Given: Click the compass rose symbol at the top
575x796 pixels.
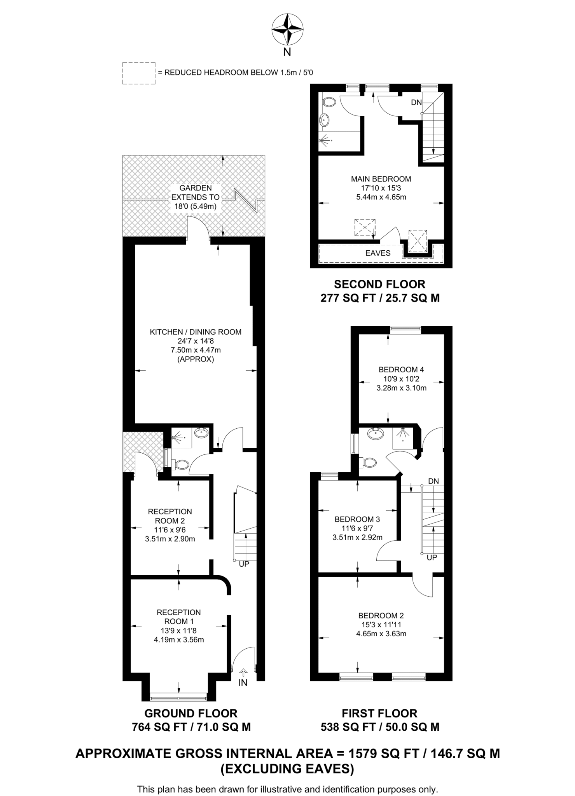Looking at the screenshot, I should coord(287,29).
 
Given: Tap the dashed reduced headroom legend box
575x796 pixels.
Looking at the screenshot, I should coord(139,73).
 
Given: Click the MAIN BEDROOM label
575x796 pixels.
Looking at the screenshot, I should coord(381,179).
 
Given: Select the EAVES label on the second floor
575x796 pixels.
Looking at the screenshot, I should coord(378,253).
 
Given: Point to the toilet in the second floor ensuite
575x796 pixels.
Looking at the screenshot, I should coord(329,102).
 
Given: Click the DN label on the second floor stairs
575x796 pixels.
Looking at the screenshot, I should coord(416,103).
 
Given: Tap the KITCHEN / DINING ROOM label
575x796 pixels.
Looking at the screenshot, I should coord(196,332).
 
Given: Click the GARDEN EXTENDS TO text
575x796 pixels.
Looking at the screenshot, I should coord(195,193).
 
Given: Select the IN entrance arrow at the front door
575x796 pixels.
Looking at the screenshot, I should coord(243,672).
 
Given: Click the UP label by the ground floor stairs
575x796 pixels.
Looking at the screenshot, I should coord(244,564).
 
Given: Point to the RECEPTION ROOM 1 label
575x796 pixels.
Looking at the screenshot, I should coord(178,617).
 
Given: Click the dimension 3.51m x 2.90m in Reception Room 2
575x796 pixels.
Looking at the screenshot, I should coord(170,539).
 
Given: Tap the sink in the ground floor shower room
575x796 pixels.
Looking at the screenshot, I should coord(201,433).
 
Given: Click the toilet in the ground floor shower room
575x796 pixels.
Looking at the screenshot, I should coord(182,464).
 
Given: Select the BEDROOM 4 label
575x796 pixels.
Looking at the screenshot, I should coord(401,370).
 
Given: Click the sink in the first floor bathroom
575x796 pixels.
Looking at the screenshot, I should coord(376,434).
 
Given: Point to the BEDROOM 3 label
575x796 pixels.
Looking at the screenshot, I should coord(357,519).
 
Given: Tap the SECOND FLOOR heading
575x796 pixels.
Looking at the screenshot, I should coord(379,284).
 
